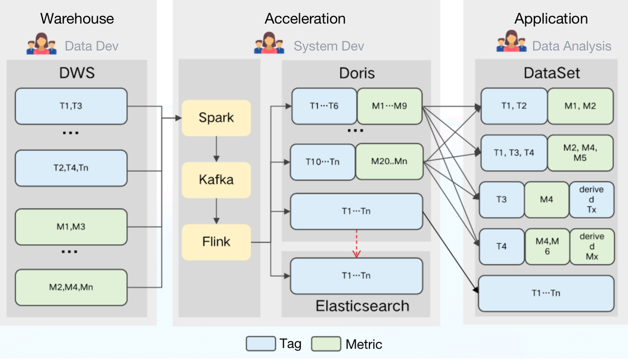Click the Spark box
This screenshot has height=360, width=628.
[216, 118]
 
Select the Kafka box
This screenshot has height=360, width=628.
[216, 180]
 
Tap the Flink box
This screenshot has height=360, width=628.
[216, 242]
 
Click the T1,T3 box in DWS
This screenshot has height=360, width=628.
[71, 106]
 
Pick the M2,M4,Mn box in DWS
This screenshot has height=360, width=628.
[71, 287]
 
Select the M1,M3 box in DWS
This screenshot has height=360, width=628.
[71, 227]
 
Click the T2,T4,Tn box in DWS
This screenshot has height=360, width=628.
[71, 168]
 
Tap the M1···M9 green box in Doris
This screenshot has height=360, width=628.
[390, 106]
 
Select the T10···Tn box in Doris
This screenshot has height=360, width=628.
[323, 162]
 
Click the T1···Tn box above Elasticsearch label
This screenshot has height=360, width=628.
[356, 276]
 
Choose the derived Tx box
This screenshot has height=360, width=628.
[592, 200]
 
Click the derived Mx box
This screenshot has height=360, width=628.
[592, 247]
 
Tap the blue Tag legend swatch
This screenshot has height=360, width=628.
[261, 344]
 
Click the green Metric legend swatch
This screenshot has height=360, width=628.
[326, 344]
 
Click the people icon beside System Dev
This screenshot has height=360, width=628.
[269, 44]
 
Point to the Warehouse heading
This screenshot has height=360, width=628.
[77, 19]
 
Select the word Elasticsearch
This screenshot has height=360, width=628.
[362, 306]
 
